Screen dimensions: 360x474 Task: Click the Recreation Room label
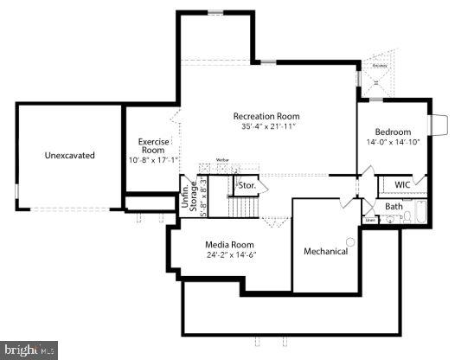click(x=266, y=116)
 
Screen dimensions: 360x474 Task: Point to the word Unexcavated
click(x=69, y=156)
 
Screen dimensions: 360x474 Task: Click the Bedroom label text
click(x=392, y=132)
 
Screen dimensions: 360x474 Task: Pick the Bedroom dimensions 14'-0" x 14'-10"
click(x=392, y=142)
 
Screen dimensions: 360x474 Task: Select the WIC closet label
click(x=402, y=184)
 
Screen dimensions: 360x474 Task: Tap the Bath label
click(x=394, y=206)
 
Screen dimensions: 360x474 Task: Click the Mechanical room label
click(x=325, y=251)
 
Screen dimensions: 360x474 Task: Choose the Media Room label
click(x=229, y=244)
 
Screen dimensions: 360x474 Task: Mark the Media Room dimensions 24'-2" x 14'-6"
click(x=229, y=255)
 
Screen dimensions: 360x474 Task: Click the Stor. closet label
click(x=247, y=185)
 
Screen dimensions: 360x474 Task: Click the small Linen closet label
click(x=370, y=221)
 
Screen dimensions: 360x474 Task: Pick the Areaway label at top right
click(x=379, y=65)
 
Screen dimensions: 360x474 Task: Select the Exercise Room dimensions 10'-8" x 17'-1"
click(x=152, y=160)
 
